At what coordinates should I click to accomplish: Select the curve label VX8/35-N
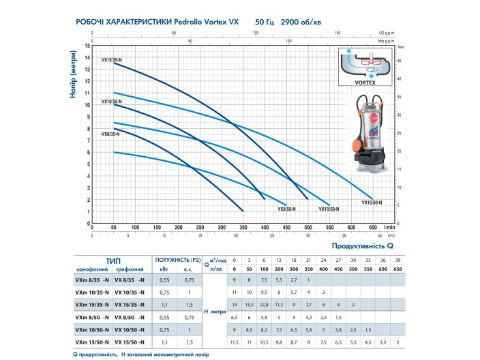point(110,134)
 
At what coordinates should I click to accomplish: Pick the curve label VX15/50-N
point(372,202)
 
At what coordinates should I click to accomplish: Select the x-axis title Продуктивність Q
point(363,245)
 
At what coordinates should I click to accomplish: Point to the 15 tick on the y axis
point(87,46)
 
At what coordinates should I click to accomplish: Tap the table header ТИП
point(114,260)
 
